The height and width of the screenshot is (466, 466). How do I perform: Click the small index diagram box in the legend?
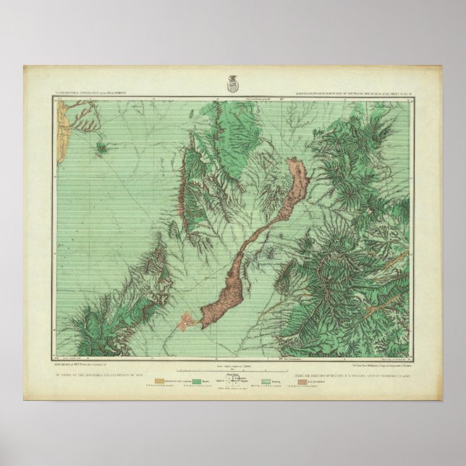[x=233, y=379]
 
